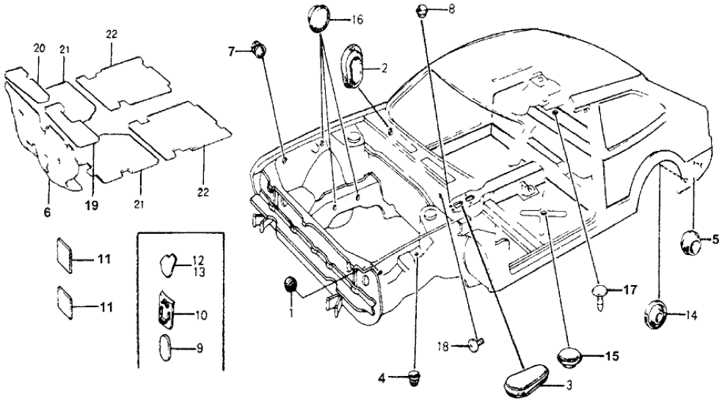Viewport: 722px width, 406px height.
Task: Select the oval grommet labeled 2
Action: tap(357, 70)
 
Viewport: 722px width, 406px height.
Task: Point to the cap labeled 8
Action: tap(424, 10)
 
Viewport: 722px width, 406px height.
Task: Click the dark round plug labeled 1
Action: tap(292, 284)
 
